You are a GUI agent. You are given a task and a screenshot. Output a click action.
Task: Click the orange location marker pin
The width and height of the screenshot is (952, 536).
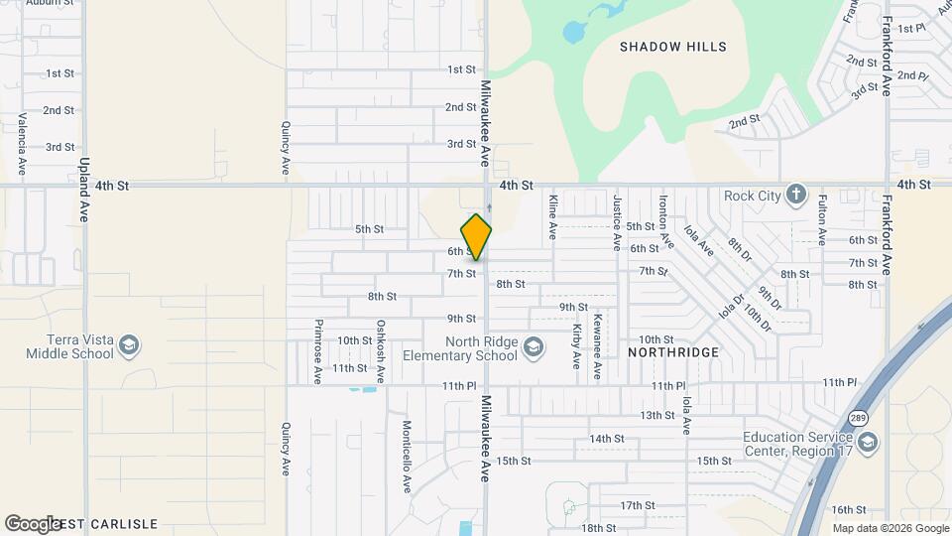(476, 236)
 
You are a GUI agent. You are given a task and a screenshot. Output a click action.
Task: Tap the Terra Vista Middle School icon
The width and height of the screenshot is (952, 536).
(128, 346)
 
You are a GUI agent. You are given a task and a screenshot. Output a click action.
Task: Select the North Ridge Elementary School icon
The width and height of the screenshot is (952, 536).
(534, 346)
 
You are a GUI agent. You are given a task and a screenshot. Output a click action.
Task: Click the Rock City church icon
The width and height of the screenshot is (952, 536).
(795, 195)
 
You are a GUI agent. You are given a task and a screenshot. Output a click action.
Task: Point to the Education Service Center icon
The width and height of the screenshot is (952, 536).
(868, 440)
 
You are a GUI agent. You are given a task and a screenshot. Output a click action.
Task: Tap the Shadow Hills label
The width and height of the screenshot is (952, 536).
(672, 47)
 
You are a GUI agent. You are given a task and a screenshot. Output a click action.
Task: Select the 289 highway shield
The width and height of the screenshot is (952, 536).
(856, 418)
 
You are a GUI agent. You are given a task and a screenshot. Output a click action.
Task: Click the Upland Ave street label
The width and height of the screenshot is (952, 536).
(85, 189)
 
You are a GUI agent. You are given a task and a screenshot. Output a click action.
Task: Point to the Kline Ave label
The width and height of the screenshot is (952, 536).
(552, 216)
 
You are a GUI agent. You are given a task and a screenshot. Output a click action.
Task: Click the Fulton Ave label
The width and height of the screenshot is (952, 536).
(822, 219)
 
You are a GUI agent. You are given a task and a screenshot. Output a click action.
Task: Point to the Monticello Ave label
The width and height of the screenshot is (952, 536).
(407, 456)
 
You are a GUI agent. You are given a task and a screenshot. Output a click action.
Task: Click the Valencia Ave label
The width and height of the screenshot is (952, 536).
(21, 138)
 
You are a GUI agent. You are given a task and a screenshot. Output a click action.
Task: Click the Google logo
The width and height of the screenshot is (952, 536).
(33, 523)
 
